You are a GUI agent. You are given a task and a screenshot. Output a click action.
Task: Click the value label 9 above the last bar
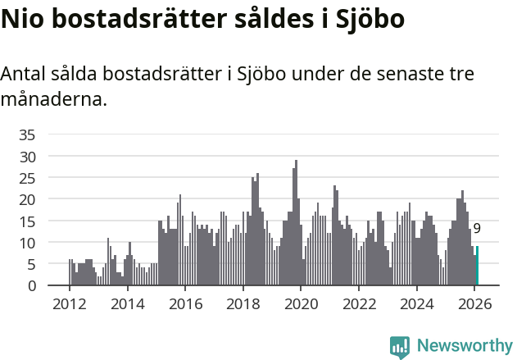point(477,229)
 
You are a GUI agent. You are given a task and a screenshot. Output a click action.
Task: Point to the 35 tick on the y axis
point(27,134)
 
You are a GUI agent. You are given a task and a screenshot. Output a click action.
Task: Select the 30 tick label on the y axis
point(27,156)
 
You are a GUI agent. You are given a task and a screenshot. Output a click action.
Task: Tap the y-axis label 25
point(27,178)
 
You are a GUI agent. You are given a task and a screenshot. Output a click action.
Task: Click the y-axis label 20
point(27,199)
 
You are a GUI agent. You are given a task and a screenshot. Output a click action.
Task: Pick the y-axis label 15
point(27,221)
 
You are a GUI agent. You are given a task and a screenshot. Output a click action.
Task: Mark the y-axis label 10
point(27,243)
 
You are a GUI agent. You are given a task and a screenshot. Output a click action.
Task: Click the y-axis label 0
point(31,286)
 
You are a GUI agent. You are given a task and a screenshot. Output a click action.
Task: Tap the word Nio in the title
point(20,20)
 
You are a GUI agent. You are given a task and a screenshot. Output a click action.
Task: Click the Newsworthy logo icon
point(400,347)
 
